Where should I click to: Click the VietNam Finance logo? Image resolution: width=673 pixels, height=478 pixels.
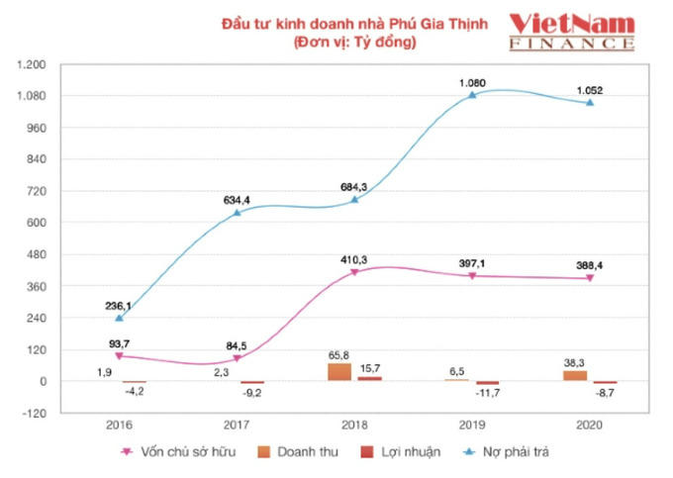(571, 32)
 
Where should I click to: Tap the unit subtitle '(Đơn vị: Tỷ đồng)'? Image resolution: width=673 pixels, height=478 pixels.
(354, 44)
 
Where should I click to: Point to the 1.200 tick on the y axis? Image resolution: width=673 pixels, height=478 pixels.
(33, 64)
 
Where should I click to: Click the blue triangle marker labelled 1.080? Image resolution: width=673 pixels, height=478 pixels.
(472, 95)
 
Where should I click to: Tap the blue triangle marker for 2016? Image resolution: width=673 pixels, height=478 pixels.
(120, 318)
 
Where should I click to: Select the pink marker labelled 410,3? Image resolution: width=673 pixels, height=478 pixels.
(354, 271)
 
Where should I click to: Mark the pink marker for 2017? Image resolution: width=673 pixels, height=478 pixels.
(238, 358)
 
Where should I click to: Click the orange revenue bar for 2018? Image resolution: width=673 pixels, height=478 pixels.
(339, 372)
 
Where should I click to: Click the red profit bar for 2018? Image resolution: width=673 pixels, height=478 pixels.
(369, 378)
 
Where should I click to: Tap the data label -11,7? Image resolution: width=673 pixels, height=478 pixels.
(489, 400)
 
